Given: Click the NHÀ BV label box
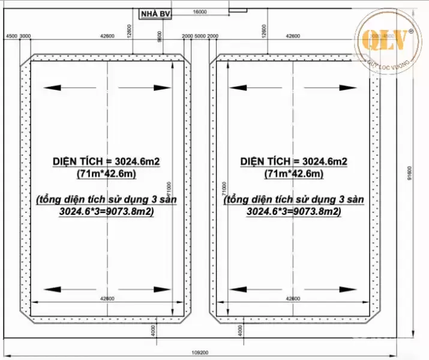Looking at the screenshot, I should [155, 16].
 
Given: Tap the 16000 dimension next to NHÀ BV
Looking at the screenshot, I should [200, 12].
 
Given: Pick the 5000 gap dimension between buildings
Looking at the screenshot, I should [200, 37].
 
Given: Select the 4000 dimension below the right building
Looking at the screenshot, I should [241, 331].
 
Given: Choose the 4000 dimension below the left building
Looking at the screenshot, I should [154, 331].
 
